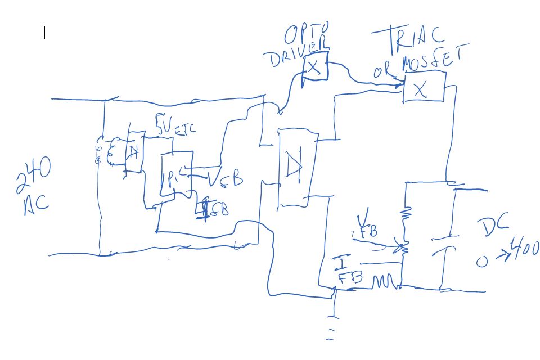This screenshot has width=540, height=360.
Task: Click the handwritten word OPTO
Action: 307,35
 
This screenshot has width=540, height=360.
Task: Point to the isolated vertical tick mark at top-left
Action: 44,33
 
